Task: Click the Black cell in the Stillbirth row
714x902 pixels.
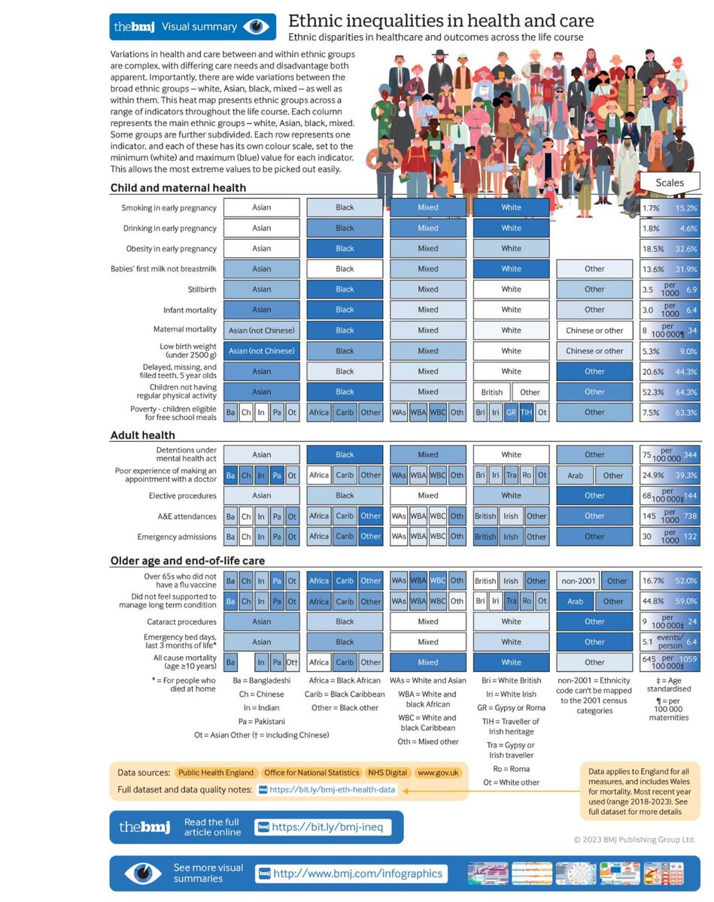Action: point(345,289)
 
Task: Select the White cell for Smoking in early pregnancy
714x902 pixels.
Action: point(511,207)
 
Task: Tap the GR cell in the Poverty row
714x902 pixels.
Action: point(512,413)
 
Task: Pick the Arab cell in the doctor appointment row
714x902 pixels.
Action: point(575,475)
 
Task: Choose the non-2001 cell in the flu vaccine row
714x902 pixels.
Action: point(577,581)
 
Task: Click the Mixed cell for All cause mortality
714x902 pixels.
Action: point(427,662)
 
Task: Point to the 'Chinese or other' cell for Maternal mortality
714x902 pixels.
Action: point(594,331)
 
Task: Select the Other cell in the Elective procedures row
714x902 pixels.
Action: point(594,496)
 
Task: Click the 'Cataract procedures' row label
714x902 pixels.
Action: point(181,622)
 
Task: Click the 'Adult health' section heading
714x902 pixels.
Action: point(143,435)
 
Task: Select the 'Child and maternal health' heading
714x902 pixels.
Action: point(178,188)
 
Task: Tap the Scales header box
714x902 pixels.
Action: point(670,183)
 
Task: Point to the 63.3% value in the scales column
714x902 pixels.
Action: point(685,413)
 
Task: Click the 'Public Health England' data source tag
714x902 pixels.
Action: point(215,773)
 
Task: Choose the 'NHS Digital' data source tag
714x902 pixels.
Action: point(386,773)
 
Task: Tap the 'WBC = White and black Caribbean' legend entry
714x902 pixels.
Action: point(427,722)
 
